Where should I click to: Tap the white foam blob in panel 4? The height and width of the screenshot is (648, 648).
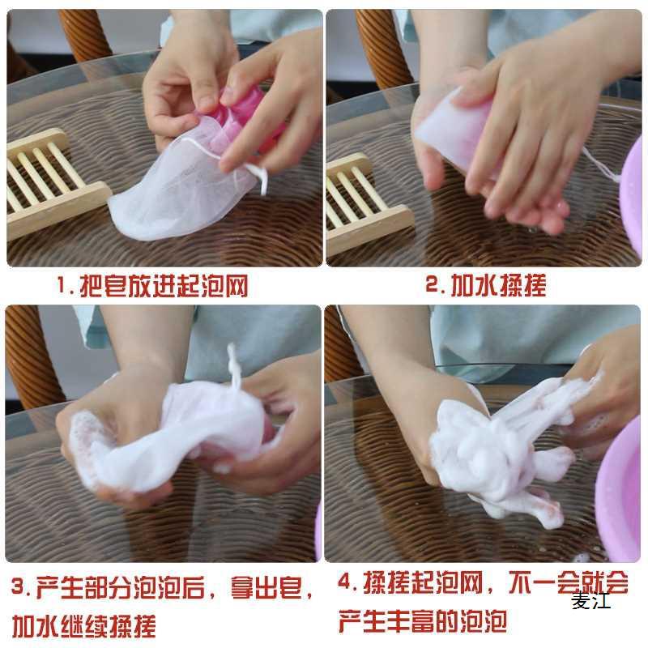496,458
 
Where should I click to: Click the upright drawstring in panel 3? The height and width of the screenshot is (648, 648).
234,367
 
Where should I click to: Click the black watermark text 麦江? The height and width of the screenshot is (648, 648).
591,601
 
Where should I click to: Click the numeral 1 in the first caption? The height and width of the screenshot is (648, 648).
62,286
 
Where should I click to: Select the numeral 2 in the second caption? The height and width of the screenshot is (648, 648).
432,284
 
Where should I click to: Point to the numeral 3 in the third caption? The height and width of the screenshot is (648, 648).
18,586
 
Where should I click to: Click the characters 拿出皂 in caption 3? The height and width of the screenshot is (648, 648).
266,587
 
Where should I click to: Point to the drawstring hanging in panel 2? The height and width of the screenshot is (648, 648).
601,165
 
